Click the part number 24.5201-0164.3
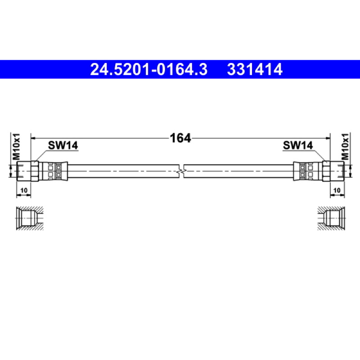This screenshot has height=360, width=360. pyautogui.click(x=149, y=69)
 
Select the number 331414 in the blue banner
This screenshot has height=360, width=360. pyautogui.click(x=255, y=69)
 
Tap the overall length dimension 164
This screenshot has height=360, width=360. pyautogui.click(x=180, y=138)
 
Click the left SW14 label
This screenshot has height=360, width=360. pyautogui.click(x=63, y=145)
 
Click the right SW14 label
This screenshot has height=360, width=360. pyautogui.click(x=298, y=145)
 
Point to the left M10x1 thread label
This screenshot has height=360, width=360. pyautogui.click(x=17, y=147)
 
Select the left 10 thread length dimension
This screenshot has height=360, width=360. pyautogui.click(x=24, y=190)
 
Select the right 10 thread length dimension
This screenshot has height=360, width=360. pyautogui.click(x=337, y=190)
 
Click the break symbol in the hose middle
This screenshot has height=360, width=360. pyautogui.click(x=181, y=171)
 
